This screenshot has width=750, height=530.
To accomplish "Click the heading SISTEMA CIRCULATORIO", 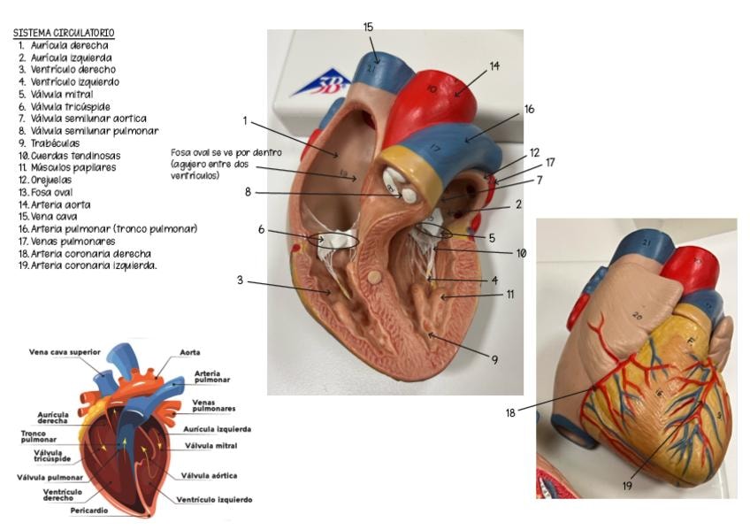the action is coord(64,33).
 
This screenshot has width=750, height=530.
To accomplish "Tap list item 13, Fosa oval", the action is coord(46,192).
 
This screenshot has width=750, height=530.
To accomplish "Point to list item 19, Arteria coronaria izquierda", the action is coord(88,265).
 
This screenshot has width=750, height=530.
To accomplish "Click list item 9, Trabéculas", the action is coord(50,143).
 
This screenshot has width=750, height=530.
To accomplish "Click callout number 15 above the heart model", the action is coord(368,27).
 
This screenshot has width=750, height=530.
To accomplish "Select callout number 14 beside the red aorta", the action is coord(494,66).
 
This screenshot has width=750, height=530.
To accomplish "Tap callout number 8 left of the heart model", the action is coord(248,192).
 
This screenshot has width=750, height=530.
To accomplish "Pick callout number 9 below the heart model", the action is coord(494,359).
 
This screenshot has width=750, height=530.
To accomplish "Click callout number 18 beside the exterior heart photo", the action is coord(510,413).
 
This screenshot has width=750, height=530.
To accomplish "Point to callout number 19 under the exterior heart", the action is coord(627,486).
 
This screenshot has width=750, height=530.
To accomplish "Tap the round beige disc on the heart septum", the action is coord(376,277).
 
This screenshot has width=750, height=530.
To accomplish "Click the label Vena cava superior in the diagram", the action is coord(65,352).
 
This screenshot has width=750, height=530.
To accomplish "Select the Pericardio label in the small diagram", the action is coord(89,511).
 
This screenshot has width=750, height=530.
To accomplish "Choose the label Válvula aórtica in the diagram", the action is coord(209,475).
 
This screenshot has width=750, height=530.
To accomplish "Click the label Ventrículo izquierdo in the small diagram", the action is coord(214,500).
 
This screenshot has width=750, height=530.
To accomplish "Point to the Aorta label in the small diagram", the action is coord(190,352).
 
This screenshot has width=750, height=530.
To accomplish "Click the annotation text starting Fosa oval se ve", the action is coord(226,164).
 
